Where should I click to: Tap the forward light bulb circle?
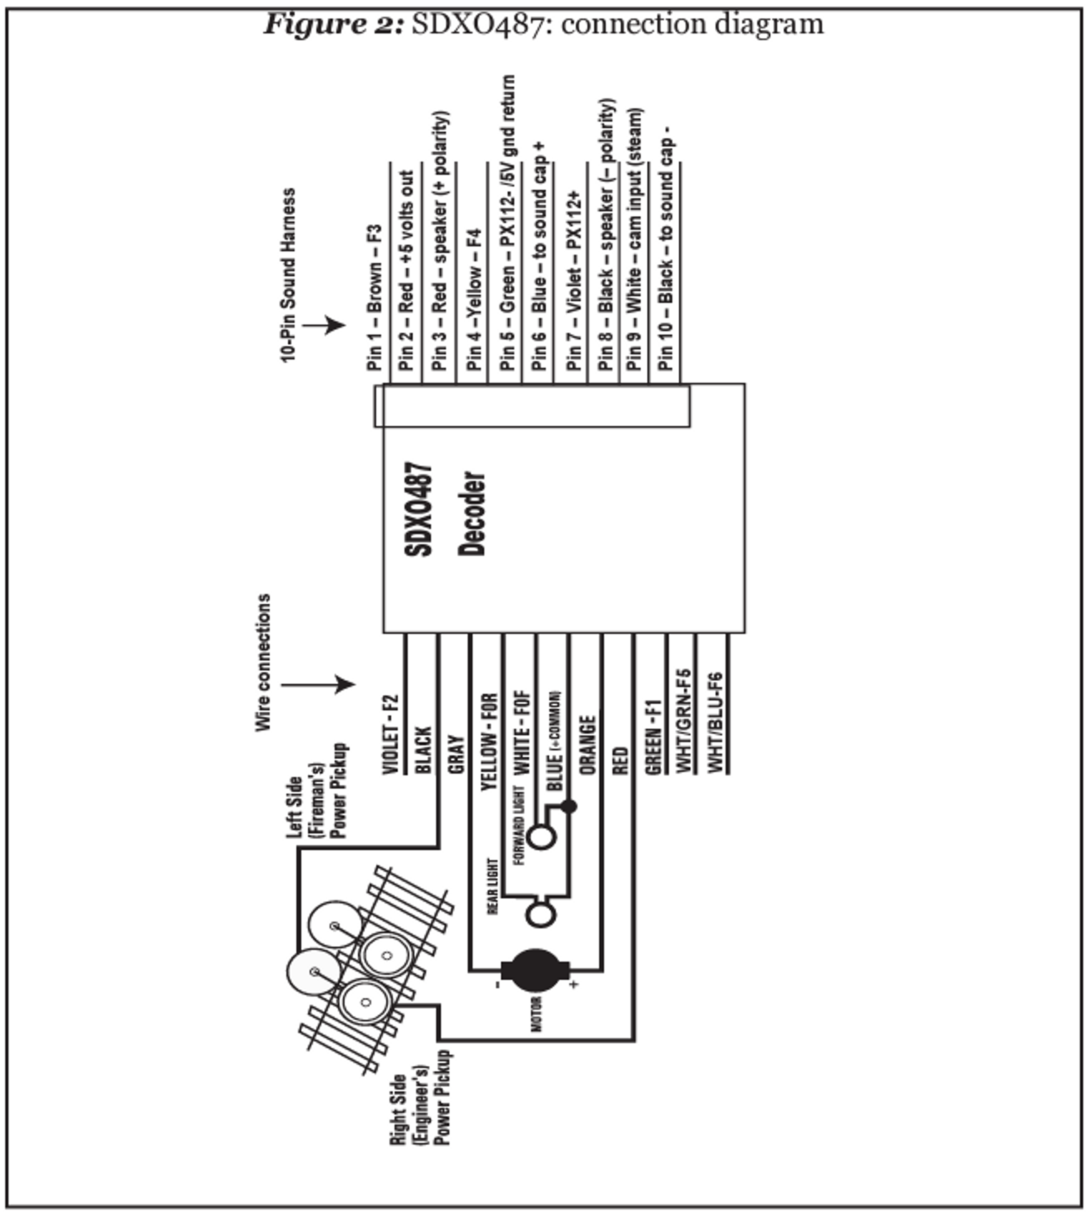pos(541,837)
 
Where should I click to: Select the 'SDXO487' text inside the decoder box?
pos(419,509)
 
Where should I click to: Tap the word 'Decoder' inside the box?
pos(472,514)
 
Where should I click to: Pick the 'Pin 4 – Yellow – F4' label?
pos(474,299)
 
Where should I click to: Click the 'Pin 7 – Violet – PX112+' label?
pos(574,281)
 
